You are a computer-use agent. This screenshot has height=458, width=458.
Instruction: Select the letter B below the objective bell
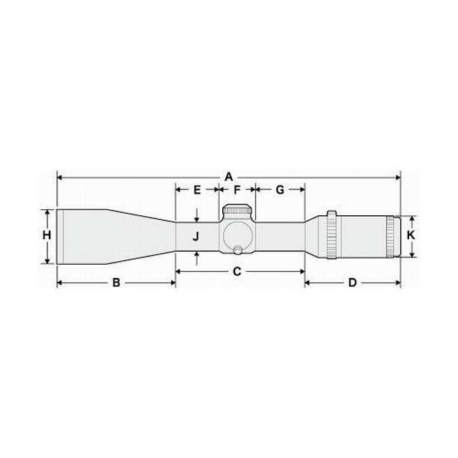tap(116, 282)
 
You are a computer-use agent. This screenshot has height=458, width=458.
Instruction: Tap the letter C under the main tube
tap(237, 271)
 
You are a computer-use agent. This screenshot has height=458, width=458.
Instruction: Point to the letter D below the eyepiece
tap(353, 282)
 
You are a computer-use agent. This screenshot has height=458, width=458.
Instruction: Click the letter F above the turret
tap(237, 189)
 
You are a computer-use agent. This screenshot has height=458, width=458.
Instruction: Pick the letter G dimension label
tap(279, 189)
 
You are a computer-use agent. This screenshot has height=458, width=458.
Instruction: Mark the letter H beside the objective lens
tap(47, 236)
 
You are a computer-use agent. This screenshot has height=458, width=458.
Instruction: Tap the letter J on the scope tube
tap(196, 237)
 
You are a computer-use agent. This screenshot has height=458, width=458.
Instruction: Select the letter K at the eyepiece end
tap(411, 236)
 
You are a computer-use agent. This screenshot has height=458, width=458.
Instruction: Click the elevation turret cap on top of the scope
tap(238, 211)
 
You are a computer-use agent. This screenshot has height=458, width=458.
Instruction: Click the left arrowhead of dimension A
tap(60, 176)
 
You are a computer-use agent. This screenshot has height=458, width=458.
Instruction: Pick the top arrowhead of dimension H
tap(47, 211)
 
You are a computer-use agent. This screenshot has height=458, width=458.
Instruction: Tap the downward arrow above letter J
tap(196, 218)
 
